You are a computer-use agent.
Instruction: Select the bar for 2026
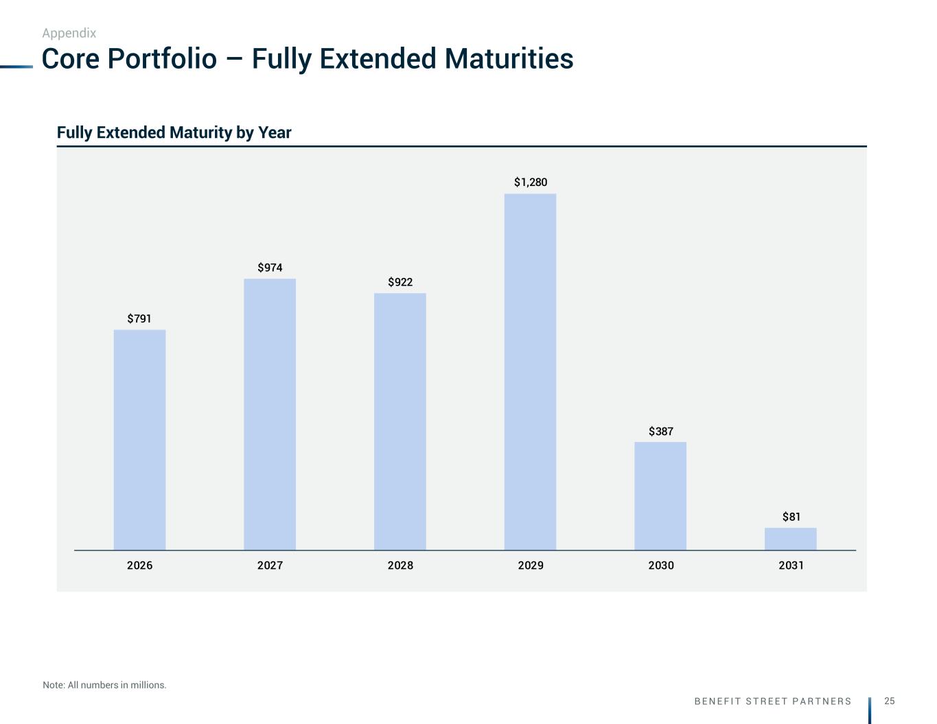coord(139,440)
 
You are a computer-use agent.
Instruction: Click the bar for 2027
coord(270,414)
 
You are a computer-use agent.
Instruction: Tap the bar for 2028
coord(400,421)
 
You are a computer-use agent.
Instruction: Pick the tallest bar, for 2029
coord(530,372)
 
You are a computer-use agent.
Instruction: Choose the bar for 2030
coord(660,495)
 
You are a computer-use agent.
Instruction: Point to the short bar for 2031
coord(791,539)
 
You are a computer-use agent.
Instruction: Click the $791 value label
coord(139,318)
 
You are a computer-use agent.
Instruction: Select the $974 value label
coord(270,268)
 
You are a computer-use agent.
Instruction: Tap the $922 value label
coord(400,282)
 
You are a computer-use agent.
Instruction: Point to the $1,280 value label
coord(531,183)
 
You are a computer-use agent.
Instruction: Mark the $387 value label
coord(661,432)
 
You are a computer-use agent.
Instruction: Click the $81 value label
coord(791,517)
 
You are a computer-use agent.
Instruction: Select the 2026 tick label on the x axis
coord(139,565)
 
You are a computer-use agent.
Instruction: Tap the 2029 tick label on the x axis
coord(531,565)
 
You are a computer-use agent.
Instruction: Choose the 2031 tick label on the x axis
coord(791,565)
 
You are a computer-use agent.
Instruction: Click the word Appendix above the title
coord(69,33)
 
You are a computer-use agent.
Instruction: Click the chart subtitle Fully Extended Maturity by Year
coord(174,132)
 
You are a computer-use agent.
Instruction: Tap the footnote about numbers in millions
coord(104,685)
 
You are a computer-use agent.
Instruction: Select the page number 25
coord(890,701)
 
